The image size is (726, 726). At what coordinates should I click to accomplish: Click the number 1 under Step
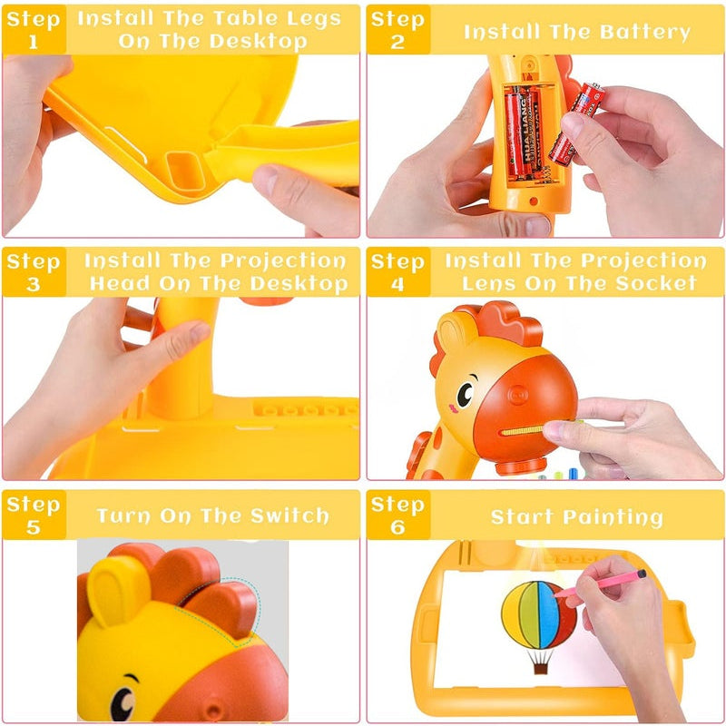pyautogui.click(x=33, y=42)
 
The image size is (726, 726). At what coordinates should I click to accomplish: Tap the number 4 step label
pyautogui.click(x=397, y=284)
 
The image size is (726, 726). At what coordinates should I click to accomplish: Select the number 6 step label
pyautogui.click(x=397, y=527)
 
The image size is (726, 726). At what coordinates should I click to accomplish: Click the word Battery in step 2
pyautogui.click(x=645, y=33)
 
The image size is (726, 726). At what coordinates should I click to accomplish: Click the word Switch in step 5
pyautogui.click(x=289, y=515)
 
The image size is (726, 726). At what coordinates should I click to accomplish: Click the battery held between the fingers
pyautogui.click(x=577, y=124)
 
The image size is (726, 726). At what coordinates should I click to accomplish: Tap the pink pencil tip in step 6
pyautogui.click(x=557, y=594)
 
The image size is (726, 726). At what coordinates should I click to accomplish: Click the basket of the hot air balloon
pyautogui.click(x=540, y=668)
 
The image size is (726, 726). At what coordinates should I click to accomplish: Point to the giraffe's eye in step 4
pyautogui.click(x=465, y=395)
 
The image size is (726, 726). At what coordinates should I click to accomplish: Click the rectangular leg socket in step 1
pyautogui.click(x=185, y=171)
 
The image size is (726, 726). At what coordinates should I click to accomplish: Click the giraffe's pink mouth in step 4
pyautogui.click(x=453, y=409)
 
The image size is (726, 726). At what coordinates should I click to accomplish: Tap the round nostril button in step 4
pyautogui.click(x=517, y=396)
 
